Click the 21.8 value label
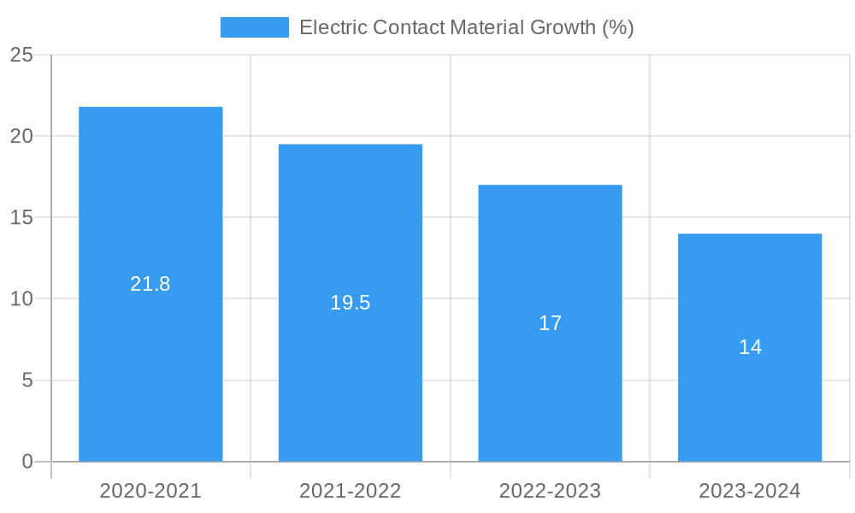[150, 284]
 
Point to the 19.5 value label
[351, 303]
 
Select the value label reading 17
[550, 323]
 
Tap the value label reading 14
[750, 347]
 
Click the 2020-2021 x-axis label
[150, 491]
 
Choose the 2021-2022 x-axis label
[351, 491]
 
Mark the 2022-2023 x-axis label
[550, 491]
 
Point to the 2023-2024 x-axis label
[750, 491]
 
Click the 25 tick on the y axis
[21, 55]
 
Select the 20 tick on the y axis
[21, 136]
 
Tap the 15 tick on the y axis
[21, 217]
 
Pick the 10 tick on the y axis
[21, 298]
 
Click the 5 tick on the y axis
[27, 380]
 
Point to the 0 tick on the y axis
[27, 462]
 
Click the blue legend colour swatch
[254, 27]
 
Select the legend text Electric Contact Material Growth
[466, 27]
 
